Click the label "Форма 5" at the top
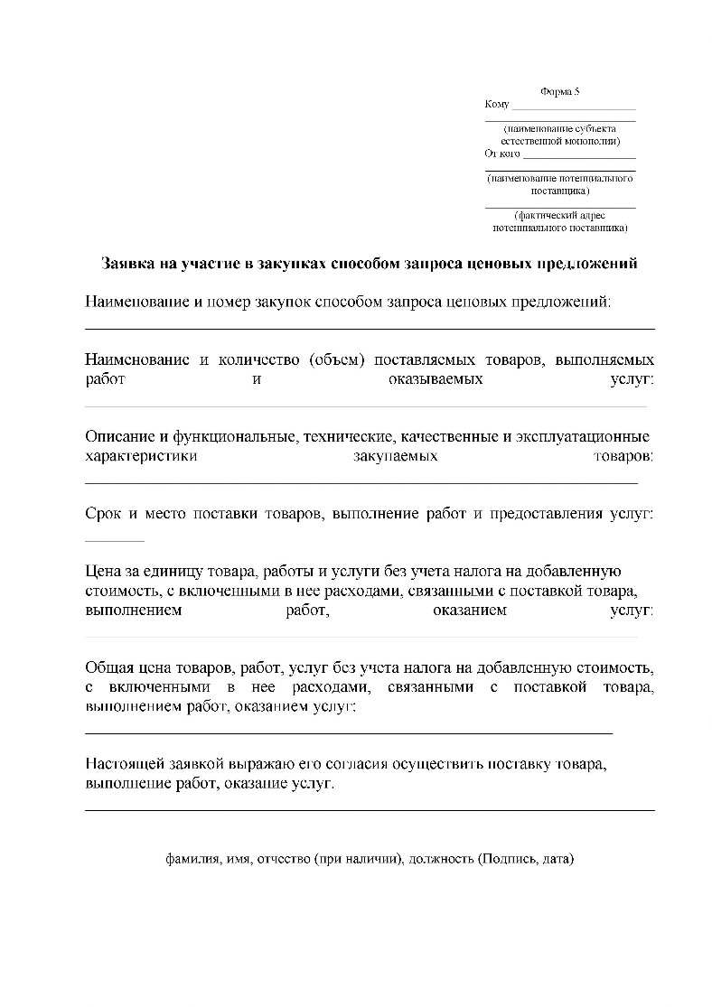tap(559, 92)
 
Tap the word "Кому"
tap(497, 105)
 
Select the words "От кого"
tap(502, 154)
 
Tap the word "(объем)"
tap(336, 359)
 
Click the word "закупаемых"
tap(395, 457)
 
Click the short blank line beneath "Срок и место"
tap(114, 541)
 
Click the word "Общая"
tap(108, 668)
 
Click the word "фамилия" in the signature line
tap(192, 859)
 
